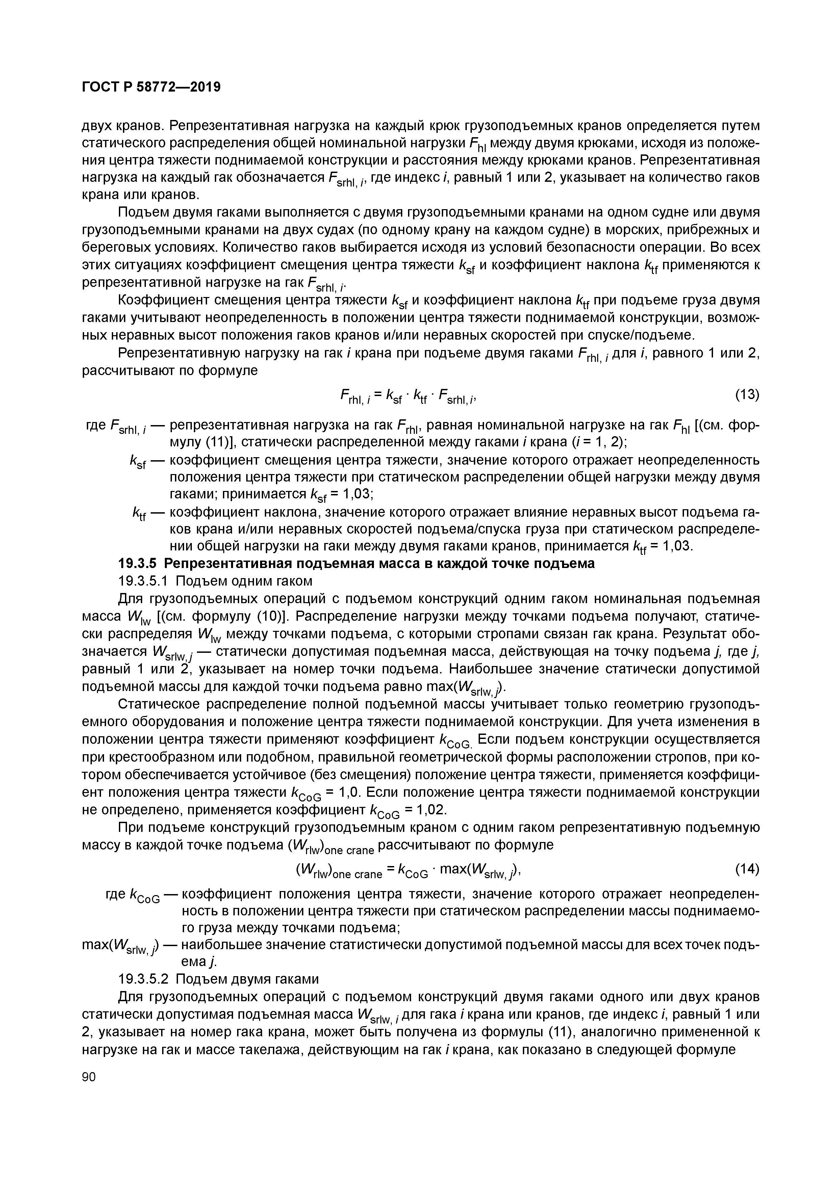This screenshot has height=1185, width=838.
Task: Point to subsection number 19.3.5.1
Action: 143,581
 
